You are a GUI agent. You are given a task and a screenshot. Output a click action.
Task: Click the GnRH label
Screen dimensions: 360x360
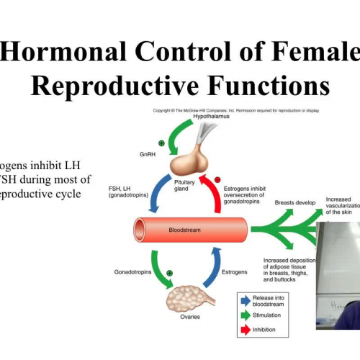pos(149,153)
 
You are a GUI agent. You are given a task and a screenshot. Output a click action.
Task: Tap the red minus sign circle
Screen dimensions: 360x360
pos(218,179)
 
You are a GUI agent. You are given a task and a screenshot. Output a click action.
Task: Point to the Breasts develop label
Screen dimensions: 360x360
pos(295,203)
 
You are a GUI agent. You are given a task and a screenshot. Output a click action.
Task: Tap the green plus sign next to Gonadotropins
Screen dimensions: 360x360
pos(169,274)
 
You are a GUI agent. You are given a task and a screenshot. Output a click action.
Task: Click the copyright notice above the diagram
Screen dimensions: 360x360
pos(235,110)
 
